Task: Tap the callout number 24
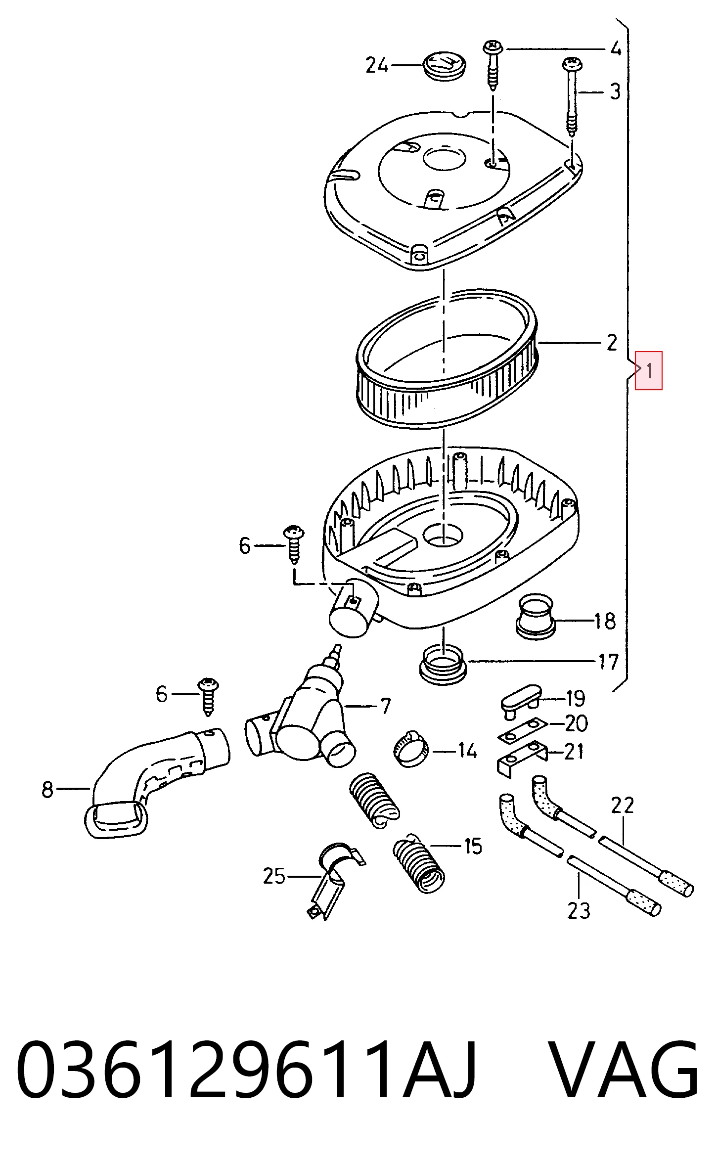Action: (377, 65)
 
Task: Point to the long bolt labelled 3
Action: (572, 97)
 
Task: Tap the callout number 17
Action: (608, 662)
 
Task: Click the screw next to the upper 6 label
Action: (293, 544)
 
